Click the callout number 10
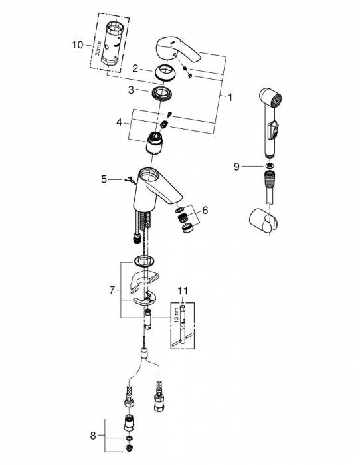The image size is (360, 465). (x=78, y=45)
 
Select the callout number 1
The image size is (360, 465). (x=230, y=98)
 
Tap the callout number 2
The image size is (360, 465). (x=135, y=68)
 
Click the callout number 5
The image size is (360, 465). (x=103, y=179)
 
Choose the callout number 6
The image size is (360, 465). (x=205, y=211)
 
